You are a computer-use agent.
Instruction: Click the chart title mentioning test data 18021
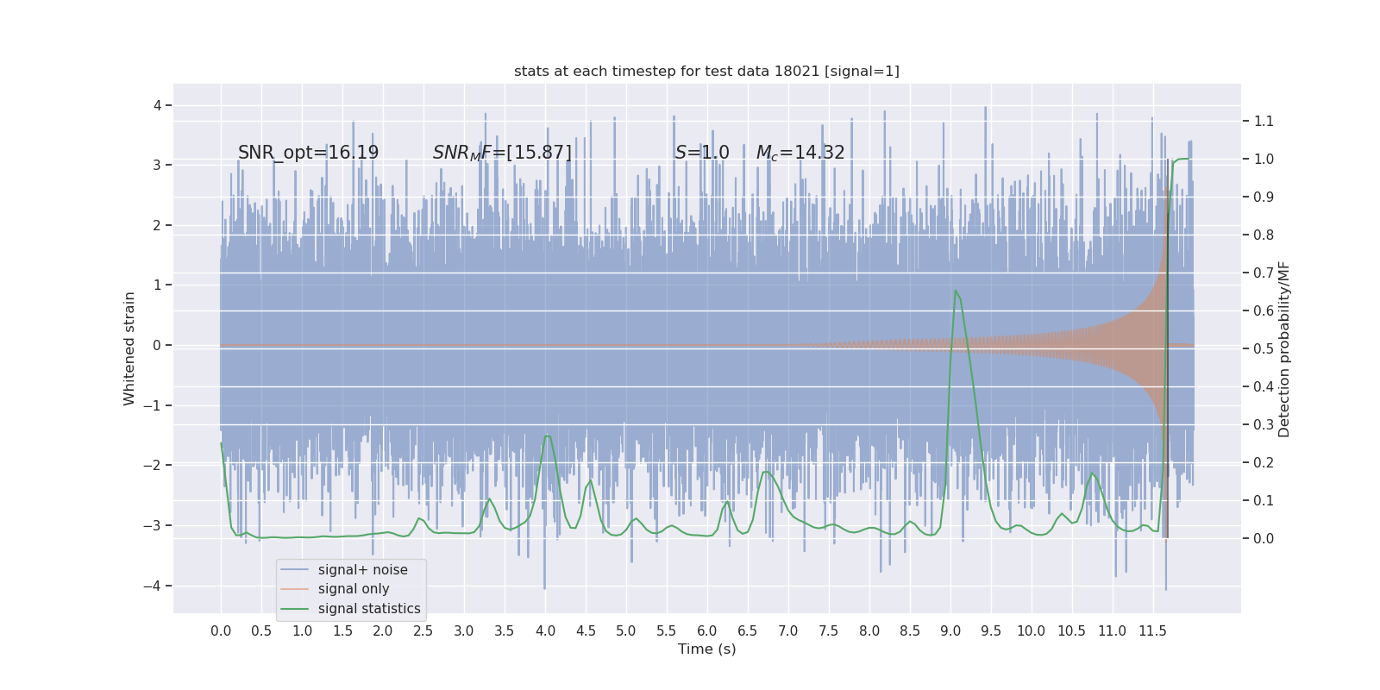[x=706, y=72]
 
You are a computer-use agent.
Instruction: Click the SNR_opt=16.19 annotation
[x=308, y=153]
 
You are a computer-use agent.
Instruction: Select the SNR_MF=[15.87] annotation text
[x=502, y=153]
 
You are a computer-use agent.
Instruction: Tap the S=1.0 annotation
[x=702, y=153]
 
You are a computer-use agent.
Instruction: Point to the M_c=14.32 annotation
[x=800, y=153]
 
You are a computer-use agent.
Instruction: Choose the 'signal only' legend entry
[x=354, y=589]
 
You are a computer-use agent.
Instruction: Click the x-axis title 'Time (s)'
[x=706, y=649]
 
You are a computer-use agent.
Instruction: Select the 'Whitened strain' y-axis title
[x=129, y=348]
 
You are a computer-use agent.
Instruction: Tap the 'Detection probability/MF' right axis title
[x=1284, y=349]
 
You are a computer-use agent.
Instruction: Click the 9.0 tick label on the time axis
[x=950, y=631]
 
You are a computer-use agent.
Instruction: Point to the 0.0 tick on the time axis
[x=221, y=631]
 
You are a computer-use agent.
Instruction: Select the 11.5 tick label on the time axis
[x=1152, y=631]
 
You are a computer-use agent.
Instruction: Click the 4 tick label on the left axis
[x=158, y=105]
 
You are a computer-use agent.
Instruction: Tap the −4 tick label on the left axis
[x=154, y=586]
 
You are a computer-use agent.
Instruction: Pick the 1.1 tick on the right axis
[x=1264, y=122]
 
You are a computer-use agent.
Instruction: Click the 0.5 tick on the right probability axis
[x=1264, y=349]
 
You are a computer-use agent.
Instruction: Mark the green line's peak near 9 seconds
[x=956, y=291]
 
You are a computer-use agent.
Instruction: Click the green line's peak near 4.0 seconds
[x=547, y=436]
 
